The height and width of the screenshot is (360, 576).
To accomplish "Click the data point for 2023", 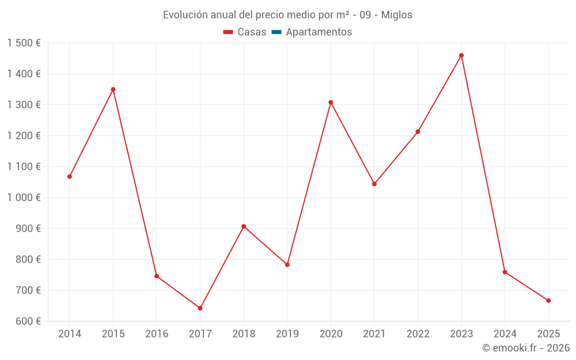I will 461,55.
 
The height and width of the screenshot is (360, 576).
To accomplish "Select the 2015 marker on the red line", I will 113,89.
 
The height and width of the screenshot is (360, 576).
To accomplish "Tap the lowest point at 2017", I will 200,308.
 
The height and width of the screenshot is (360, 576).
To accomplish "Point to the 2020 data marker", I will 331,103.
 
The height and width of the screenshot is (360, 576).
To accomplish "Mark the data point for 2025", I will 548,301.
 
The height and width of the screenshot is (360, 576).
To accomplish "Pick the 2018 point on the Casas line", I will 244,226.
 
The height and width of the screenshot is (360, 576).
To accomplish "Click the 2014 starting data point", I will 70,176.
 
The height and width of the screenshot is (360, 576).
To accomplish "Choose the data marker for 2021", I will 374,184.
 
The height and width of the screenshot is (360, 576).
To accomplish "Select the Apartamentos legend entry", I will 319,32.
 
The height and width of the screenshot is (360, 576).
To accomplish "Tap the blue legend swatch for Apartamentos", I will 276,32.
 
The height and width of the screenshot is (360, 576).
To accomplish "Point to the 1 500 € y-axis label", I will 24,43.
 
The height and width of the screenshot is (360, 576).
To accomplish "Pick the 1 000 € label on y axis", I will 24,198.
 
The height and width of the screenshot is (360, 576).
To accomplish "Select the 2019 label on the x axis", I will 287,334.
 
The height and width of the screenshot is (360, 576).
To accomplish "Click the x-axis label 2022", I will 418,334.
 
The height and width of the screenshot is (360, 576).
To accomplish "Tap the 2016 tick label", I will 157,334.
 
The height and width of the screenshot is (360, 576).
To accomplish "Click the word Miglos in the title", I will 397,15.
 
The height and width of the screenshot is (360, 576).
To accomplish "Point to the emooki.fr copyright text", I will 526,348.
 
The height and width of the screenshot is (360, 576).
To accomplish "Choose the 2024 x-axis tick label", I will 505,334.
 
